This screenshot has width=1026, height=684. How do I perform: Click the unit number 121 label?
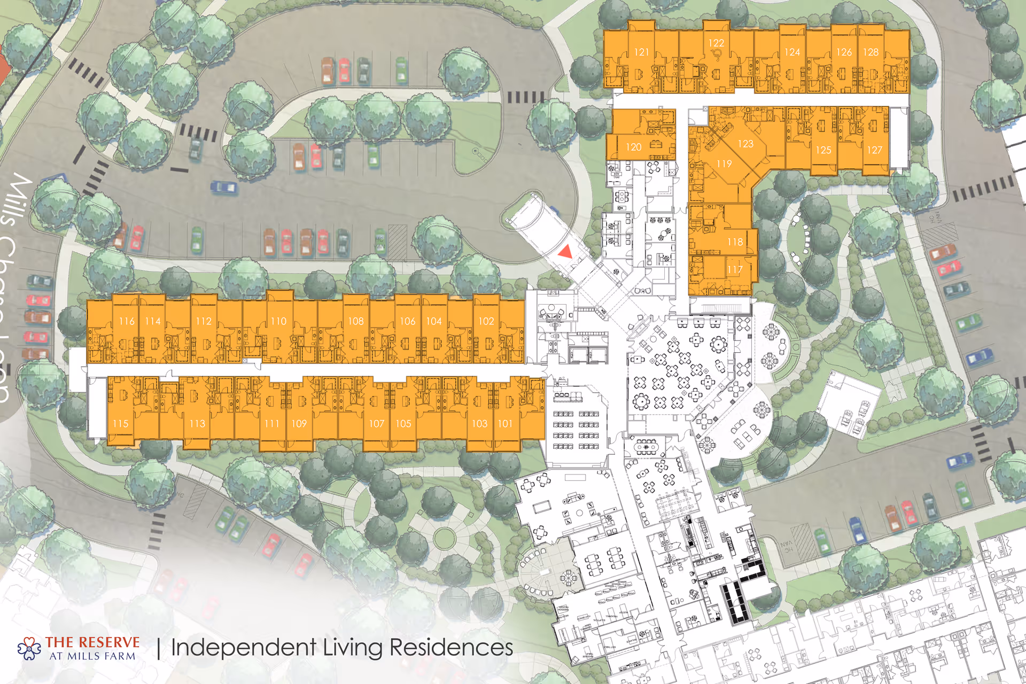641,52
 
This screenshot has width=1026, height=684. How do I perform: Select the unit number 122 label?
716,43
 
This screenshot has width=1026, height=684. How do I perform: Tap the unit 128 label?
870,52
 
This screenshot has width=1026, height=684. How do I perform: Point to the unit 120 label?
633,147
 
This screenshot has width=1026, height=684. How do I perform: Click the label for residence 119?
724,164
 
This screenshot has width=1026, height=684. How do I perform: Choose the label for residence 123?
745,144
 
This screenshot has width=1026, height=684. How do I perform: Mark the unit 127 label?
874,150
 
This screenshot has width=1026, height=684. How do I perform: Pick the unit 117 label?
735,270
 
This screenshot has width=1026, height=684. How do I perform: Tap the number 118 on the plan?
735,242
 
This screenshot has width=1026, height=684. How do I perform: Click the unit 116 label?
127,321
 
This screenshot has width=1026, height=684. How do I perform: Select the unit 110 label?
278,321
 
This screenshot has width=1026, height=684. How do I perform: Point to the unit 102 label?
486,321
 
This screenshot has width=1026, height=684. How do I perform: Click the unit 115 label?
120,424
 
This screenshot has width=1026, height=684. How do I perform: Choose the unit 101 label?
505,424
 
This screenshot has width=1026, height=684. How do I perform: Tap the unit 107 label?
376,424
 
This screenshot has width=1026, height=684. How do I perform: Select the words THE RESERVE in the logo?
92,642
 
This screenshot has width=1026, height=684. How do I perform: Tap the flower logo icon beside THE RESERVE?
29,648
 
